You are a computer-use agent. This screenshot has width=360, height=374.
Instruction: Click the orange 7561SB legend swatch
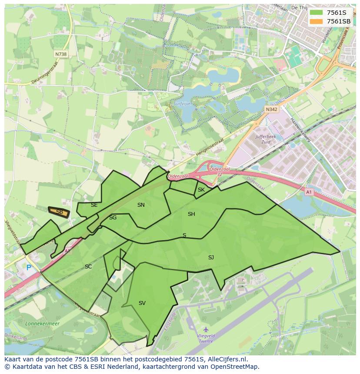(x=317, y=21)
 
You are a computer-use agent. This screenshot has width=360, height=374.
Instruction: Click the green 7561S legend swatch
(x=317, y=13)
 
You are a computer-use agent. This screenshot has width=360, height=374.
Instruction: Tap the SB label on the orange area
(x=60, y=212)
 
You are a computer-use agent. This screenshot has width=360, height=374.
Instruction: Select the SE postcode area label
(x=94, y=205)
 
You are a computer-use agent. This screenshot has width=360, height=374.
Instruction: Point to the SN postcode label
(x=141, y=205)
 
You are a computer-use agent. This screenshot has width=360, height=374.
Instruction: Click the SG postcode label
(x=113, y=218)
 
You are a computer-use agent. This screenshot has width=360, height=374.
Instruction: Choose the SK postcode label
(x=201, y=190)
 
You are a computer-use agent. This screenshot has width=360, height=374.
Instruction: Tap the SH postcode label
(x=191, y=214)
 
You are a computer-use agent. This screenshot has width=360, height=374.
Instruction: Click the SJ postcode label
(x=211, y=258)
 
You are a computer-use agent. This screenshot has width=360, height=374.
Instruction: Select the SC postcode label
(x=88, y=267)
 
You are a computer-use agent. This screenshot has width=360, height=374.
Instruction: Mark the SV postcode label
(x=142, y=303)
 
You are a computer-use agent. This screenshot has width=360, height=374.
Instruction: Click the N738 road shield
(x=61, y=54)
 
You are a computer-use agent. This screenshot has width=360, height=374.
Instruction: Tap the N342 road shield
(x=271, y=110)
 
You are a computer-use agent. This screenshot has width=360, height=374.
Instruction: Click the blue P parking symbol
(x=29, y=268)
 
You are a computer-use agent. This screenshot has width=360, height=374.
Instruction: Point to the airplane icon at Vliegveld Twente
(x=206, y=330)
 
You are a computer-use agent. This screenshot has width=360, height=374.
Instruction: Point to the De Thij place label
(x=299, y=7)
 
